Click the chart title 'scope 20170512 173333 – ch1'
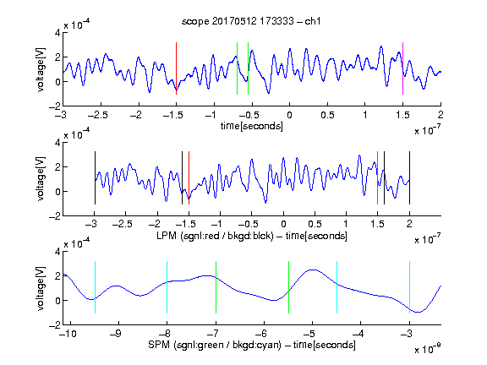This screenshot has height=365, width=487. click(251, 21)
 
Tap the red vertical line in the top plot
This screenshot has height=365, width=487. click(176, 68)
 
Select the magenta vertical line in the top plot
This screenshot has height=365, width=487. click(402, 68)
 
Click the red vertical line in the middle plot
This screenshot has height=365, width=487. click(189, 177)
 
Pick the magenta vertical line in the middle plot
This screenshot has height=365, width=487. click(377, 177)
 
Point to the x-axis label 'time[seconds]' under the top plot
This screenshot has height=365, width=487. click(252, 127)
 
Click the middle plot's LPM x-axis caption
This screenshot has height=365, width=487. click(252, 236)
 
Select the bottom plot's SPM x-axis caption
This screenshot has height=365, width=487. click(252, 345)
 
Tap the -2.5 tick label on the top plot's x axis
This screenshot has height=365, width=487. click(98, 115)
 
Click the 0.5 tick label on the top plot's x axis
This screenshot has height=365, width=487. click(327, 115)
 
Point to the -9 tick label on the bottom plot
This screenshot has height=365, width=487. click(116, 334)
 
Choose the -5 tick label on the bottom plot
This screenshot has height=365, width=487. click(309, 334)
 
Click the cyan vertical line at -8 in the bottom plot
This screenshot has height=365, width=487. click(167, 287)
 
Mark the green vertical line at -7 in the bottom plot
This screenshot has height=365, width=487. click(216, 287)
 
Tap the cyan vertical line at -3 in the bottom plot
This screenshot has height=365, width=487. click(409, 287)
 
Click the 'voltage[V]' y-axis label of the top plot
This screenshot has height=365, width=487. click(41, 69)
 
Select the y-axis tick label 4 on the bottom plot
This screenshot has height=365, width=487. click(57, 251)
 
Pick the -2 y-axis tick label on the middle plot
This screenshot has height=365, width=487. click(55, 216)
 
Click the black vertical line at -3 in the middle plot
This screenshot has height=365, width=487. click(95, 177)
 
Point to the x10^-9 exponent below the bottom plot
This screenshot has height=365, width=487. click(428, 349)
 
